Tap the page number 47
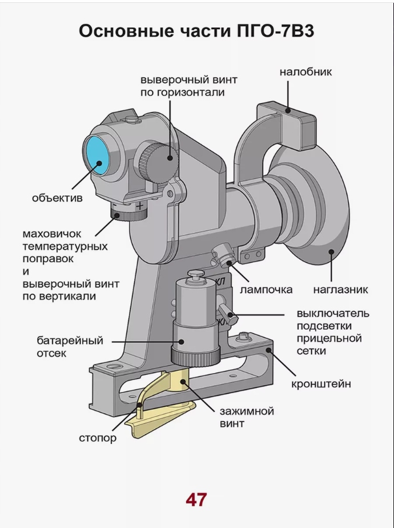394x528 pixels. [196, 499]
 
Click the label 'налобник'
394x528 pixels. [305, 72]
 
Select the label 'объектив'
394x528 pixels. [57, 198]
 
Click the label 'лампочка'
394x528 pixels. [266, 289]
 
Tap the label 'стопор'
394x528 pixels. [98, 438]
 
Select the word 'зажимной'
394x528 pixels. [247, 411]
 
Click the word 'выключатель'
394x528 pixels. [333, 313]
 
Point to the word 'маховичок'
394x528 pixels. [52, 234]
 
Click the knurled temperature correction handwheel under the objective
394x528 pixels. [128, 213]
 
